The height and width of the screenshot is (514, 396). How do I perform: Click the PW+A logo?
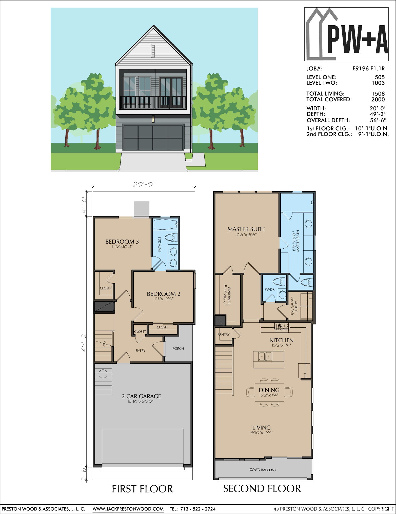346,34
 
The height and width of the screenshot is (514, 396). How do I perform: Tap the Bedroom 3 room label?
122,242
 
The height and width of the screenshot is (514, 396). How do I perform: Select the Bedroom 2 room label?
164,294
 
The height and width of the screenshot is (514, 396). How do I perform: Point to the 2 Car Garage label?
141,396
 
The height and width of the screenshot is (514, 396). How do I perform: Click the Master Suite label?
246,229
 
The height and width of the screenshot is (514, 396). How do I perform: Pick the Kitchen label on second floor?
282,340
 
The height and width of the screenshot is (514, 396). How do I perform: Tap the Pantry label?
223,334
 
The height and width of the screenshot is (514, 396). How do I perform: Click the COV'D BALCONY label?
263,470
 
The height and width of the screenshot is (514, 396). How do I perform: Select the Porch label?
178,348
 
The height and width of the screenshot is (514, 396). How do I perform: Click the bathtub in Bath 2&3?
166,224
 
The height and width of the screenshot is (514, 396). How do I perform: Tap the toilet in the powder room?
279,281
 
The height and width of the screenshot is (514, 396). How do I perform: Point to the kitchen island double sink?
265,356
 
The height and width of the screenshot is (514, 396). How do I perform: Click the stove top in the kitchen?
282,326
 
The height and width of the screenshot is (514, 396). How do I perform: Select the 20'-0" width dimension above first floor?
144,184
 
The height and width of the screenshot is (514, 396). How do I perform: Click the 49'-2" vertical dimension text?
84,343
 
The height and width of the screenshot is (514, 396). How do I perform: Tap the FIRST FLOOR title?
142,489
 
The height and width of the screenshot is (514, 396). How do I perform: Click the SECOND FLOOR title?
262,489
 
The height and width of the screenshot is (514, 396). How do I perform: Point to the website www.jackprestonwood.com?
128,509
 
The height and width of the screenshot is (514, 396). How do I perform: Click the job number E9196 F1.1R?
368,69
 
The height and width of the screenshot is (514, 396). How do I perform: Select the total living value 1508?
378,94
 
